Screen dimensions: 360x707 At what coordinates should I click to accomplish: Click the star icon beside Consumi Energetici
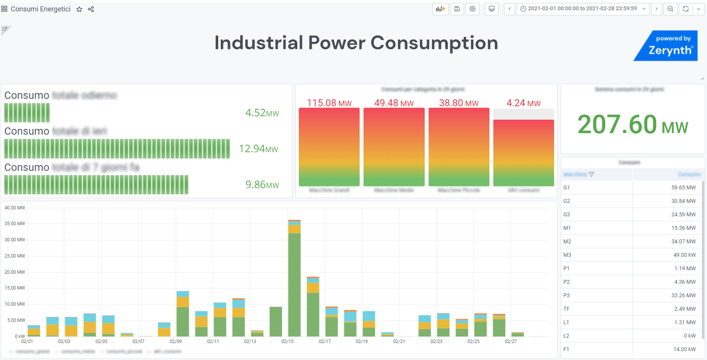[x=79, y=9]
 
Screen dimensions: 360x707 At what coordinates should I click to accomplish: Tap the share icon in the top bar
[x=91, y=9]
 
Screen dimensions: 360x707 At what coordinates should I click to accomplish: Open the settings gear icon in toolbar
[x=472, y=9]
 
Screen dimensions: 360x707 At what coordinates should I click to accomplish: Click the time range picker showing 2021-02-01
[x=582, y=9]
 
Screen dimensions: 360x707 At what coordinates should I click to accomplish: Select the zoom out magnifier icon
[x=671, y=9]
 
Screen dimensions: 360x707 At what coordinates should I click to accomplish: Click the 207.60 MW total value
[x=633, y=125]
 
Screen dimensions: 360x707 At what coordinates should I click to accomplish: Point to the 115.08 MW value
[x=329, y=103]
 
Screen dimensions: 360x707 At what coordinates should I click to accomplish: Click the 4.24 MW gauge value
[x=523, y=103]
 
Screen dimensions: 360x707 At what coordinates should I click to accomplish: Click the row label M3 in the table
[x=567, y=255]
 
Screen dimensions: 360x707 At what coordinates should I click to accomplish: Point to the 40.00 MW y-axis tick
[x=14, y=208]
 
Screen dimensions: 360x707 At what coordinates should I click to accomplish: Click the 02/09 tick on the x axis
[x=176, y=342]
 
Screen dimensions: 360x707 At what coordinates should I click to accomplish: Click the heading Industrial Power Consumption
[x=356, y=43]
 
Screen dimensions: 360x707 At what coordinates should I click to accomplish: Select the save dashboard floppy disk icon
[x=457, y=9]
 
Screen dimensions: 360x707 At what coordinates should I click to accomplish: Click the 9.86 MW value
[x=262, y=185]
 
